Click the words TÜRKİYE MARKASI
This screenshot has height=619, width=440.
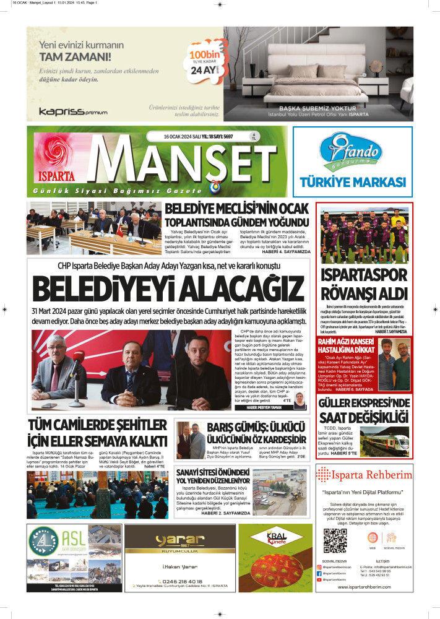352,182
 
